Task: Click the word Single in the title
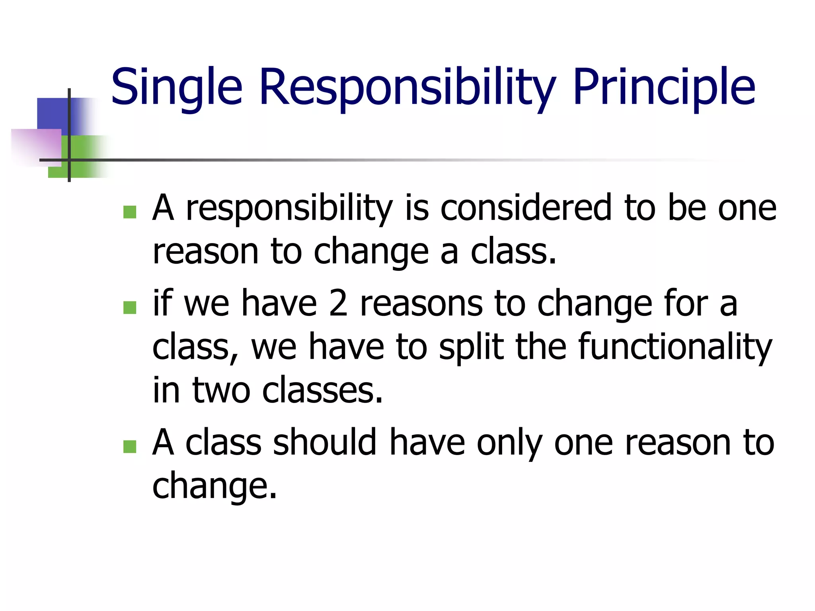coord(176,88)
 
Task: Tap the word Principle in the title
coord(664,88)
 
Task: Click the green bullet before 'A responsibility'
coord(130,212)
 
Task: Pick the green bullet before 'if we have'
coord(130,307)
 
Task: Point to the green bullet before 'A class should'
coord(130,447)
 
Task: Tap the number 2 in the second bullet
coord(338,304)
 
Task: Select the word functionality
coord(675,347)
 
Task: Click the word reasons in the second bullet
coord(421,304)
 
